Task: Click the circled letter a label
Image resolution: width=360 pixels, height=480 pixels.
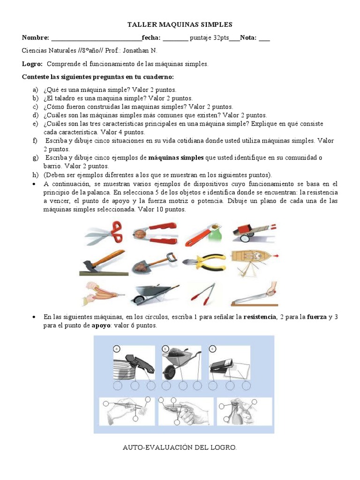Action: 116,348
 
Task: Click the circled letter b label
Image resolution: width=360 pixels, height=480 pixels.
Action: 165,348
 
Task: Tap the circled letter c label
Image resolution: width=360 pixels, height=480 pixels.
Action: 213,348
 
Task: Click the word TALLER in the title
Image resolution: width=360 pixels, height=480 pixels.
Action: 141,24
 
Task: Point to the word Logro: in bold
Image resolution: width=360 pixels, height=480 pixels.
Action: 32,64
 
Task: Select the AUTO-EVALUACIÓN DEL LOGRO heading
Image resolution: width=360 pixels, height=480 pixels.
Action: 180,448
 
